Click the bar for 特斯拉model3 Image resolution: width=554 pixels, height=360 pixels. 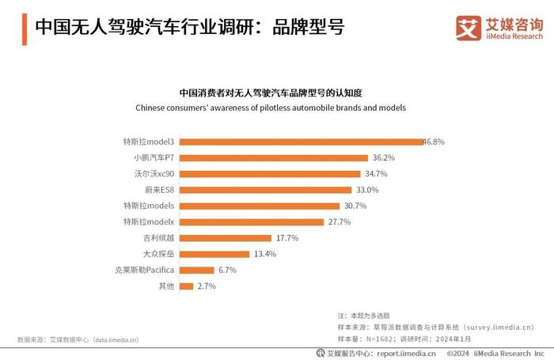[302, 142]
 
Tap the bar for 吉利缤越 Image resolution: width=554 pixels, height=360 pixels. [226, 238]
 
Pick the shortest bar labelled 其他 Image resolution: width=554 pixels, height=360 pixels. [187, 286]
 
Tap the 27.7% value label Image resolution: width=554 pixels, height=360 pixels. [339, 222]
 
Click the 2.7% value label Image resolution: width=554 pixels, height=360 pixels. [207, 286]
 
